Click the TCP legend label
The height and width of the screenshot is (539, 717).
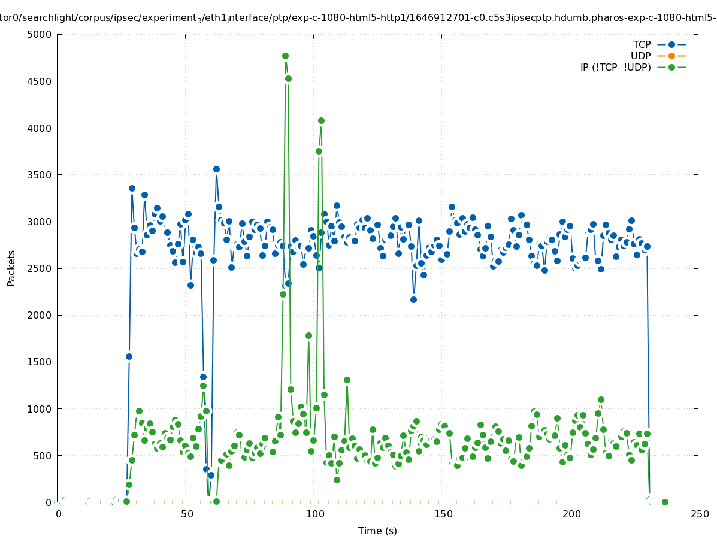click(642, 44)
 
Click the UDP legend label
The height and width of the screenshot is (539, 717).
click(640, 56)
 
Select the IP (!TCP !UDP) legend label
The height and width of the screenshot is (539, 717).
click(615, 67)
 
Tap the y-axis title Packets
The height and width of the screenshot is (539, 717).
click(11, 268)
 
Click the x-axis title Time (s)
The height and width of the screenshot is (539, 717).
click(377, 531)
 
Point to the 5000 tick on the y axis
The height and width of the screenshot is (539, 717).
click(41, 34)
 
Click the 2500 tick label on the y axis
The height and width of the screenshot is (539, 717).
click(41, 268)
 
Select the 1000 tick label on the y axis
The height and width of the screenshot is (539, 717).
click(41, 409)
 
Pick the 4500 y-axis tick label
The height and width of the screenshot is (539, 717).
click(41, 81)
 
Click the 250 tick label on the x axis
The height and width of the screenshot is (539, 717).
click(698, 514)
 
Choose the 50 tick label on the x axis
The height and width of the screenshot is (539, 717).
click(186, 514)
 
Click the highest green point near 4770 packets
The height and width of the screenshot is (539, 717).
click(285, 56)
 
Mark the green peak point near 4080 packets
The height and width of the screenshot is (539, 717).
click(321, 120)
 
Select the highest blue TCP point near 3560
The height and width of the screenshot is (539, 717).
click(216, 169)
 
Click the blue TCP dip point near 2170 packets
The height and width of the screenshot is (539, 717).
click(413, 299)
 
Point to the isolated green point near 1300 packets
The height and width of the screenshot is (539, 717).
click(347, 380)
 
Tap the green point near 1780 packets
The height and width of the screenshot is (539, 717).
click(308, 335)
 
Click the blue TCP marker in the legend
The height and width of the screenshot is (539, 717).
click(671, 44)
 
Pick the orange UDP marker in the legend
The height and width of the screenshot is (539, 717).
click(671, 56)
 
